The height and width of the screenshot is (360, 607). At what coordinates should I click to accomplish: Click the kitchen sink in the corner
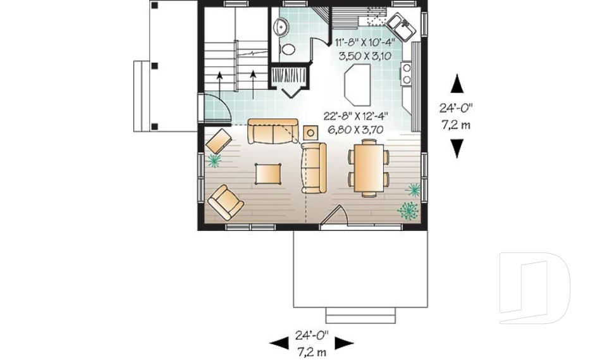[402, 27]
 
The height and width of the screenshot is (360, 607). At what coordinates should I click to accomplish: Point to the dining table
[368, 169]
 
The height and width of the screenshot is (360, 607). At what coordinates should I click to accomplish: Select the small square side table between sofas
[310, 132]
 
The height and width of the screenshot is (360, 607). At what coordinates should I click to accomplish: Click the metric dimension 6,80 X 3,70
[356, 129]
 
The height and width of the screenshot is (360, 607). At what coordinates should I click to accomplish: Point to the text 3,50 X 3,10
[365, 56]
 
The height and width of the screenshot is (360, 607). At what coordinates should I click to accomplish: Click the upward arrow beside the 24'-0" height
[457, 84]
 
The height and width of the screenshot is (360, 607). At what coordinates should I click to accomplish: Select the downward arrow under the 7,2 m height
[457, 148]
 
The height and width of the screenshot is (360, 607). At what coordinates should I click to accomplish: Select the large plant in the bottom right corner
[408, 210]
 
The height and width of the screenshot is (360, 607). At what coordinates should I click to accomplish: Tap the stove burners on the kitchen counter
[406, 73]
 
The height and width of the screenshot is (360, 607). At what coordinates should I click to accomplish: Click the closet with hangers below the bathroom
[289, 75]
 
